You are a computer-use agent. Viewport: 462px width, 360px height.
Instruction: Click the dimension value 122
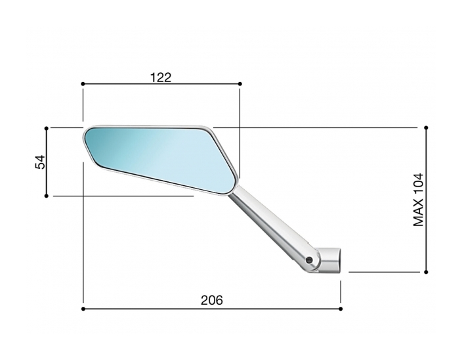coord(160,77)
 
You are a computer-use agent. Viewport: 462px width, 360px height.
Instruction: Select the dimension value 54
coord(40,162)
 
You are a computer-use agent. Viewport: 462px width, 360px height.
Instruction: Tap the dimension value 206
coord(211,300)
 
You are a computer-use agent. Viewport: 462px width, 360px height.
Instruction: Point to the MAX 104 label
coord(419,200)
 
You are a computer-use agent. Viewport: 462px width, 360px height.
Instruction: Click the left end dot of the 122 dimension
coord(83,84)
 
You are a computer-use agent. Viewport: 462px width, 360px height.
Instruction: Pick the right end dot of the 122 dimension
coord(240,84)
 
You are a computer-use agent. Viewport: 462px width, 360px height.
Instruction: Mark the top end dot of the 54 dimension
coord(47,127)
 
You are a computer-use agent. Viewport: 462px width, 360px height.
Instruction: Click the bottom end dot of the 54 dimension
coord(47,195)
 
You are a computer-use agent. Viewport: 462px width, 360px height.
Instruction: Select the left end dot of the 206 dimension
coord(83,308)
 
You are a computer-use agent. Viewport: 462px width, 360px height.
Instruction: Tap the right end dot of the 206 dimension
coord(341,308)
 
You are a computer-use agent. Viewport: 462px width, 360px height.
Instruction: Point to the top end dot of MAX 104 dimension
coord(427,127)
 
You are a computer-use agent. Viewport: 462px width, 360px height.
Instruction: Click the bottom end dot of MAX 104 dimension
coord(427,271)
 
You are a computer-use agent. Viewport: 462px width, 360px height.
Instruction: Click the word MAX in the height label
coord(419,214)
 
